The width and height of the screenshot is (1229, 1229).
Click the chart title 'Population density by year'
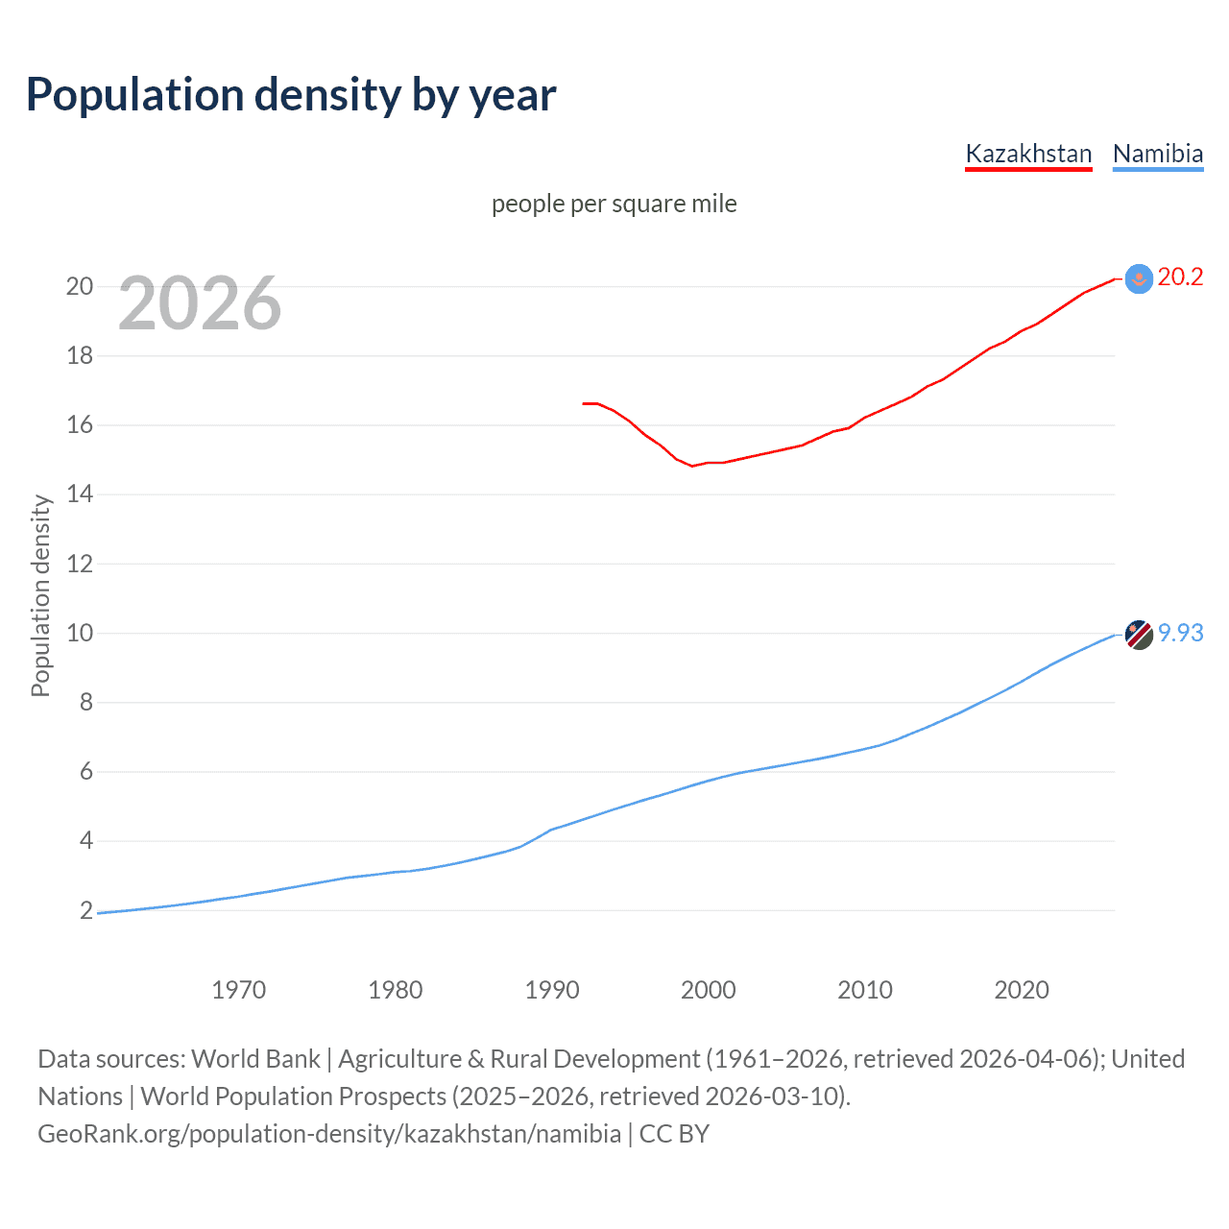coord(291,94)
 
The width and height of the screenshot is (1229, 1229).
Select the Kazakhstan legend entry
coord(1028,154)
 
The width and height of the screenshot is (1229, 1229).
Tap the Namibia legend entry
coord(1157,154)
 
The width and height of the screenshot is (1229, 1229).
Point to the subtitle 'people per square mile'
coord(614,204)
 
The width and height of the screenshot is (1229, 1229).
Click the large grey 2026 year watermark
coord(200,303)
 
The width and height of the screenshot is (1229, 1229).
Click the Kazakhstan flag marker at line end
coord(1138,278)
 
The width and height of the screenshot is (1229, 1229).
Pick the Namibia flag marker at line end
coord(1138,635)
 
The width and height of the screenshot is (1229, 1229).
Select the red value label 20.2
coord(1180,277)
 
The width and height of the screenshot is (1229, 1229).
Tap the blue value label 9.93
coord(1180,634)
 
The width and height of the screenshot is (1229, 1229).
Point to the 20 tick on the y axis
coord(80,286)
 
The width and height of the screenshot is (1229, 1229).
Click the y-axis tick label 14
coord(80,494)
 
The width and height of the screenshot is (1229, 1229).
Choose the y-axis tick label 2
coord(86,910)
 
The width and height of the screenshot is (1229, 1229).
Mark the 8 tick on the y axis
coord(86,703)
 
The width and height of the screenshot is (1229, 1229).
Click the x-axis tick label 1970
coord(239,990)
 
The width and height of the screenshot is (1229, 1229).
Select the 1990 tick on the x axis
coord(552,990)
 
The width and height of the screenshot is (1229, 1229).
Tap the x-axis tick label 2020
coord(1022,990)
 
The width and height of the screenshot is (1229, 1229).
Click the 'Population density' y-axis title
coord(40,595)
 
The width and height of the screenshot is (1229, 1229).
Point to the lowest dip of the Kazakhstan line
coord(692,466)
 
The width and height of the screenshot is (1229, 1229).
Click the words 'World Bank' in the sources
coord(255,1059)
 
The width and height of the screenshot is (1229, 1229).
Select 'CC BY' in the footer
coord(674,1134)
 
